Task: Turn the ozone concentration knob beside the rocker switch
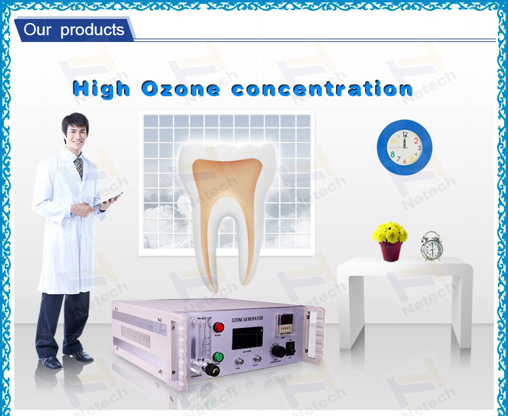tap(278, 351)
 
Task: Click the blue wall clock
tap(405, 148)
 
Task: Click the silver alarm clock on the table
tap(431, 247)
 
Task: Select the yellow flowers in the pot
tap(390, 233)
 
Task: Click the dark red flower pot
tap(391, 251)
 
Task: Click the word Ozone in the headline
tap(180, 89)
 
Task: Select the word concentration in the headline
tap(322, 89)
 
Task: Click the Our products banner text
tap(74, 30)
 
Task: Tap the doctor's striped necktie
tap(79, 168)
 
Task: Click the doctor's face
tap(75, 133)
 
